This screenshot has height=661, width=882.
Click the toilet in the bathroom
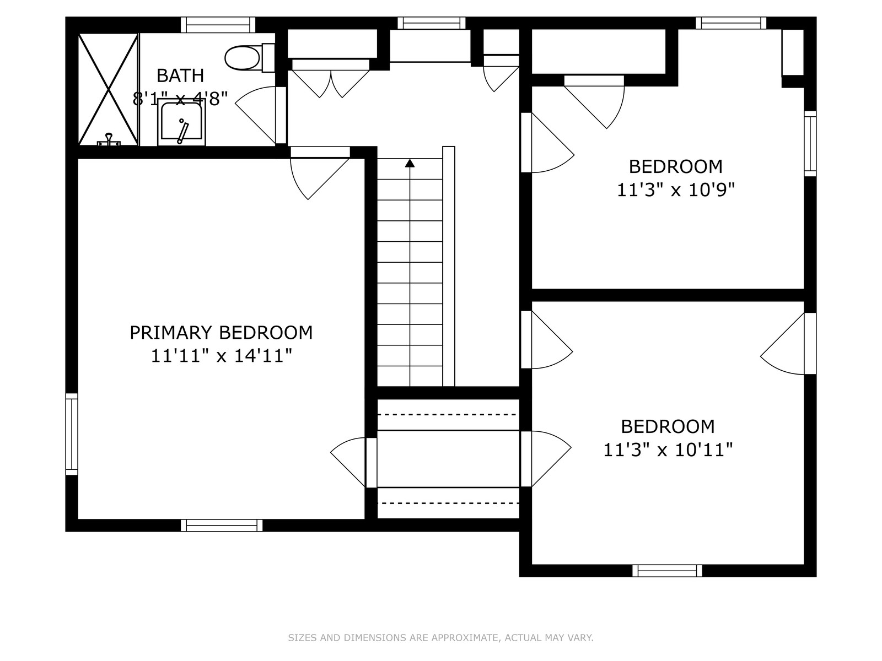249,58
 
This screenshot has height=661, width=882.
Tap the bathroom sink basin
181,122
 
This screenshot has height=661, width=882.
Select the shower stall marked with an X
108,89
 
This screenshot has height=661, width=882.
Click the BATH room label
180,75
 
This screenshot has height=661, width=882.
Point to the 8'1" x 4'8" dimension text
180,99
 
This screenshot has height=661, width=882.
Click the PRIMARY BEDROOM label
221,333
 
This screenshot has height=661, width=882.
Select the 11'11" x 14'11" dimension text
221,356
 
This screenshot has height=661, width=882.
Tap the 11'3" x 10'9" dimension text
675,190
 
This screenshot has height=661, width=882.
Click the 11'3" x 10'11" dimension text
668,450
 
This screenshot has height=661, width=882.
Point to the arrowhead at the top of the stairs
410,163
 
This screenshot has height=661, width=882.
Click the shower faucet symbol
109,140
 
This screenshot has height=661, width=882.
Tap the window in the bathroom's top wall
218,25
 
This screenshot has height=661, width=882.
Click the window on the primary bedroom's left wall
72,434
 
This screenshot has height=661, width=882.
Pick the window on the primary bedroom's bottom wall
222,525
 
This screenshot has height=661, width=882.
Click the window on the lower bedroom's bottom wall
667,571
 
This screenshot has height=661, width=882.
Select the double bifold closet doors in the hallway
331,78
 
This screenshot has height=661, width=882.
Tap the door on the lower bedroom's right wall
788,344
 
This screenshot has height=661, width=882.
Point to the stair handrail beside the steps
448,266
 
